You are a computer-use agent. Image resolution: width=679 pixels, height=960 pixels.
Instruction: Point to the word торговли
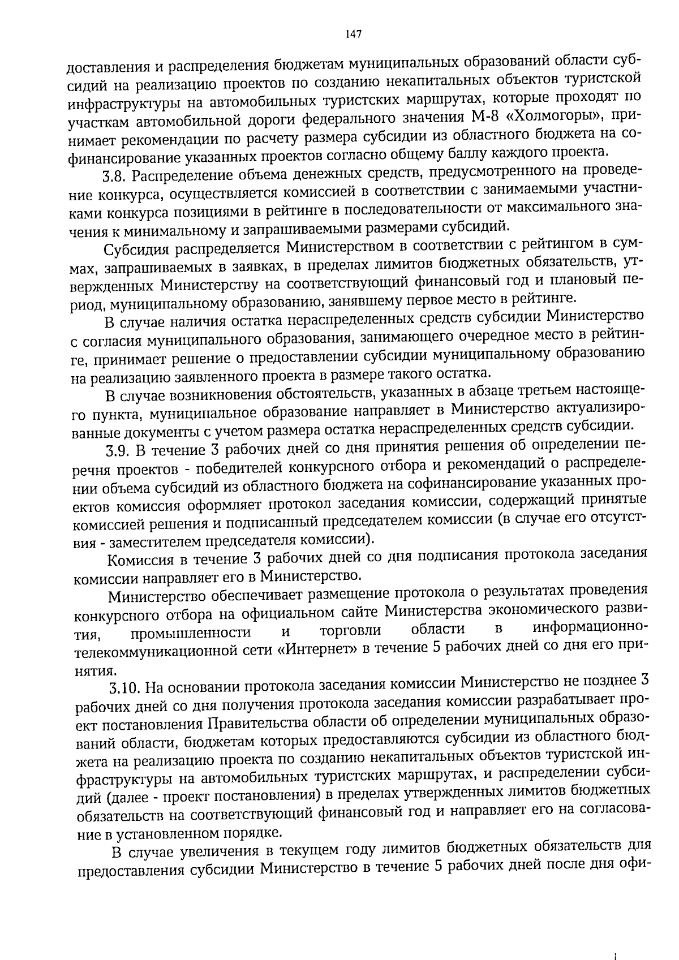click(350, 630)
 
